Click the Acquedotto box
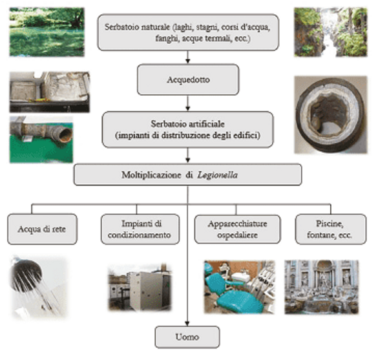[x=188, y=79]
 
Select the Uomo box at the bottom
[x=187, y=337]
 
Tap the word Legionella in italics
[x=218, y=175]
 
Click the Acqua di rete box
[x=43, y=229]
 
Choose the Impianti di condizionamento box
[x=140, y=229]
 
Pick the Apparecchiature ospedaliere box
[x=237, y=229]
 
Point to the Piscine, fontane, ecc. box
[x=331, y=229]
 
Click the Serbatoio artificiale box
[x=188, y=129]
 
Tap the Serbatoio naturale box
[x=188, y=32]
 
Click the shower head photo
[x=39, y=288]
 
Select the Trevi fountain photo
[x=322, y=287]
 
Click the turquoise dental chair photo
[x=239, y=287]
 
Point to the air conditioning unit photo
[x=140, y=287]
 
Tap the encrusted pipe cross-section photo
[x=331, y=115]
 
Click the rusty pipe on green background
[x=41, y=140]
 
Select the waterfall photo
[x=331, y=32]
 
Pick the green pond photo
[x=47, y=32]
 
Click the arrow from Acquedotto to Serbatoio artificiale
[x=188, y=103]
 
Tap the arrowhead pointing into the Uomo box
[x=187, y=324]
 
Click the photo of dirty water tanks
[x=50, y=92]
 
